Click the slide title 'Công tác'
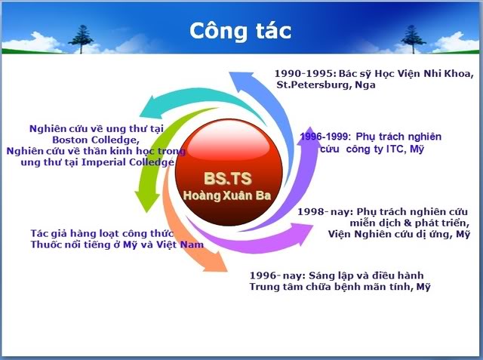[240, 31]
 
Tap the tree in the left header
[81, 39]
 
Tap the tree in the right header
[414, 39]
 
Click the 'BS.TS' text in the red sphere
[228, 178]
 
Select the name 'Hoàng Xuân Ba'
[227, 195]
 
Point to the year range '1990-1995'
[303, 74]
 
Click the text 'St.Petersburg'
[312, 85]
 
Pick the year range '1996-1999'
[324, 137]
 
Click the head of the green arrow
[147, 202]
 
